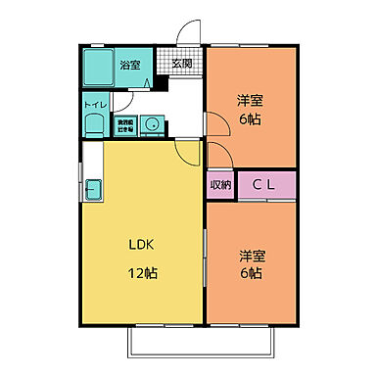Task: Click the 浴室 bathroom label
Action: (129, 65)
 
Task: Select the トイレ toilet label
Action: (95, 104)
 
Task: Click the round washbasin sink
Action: (153, 124)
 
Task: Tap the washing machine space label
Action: (126, 124)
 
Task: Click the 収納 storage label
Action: (220, 183)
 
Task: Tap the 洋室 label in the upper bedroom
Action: (249, 101)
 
